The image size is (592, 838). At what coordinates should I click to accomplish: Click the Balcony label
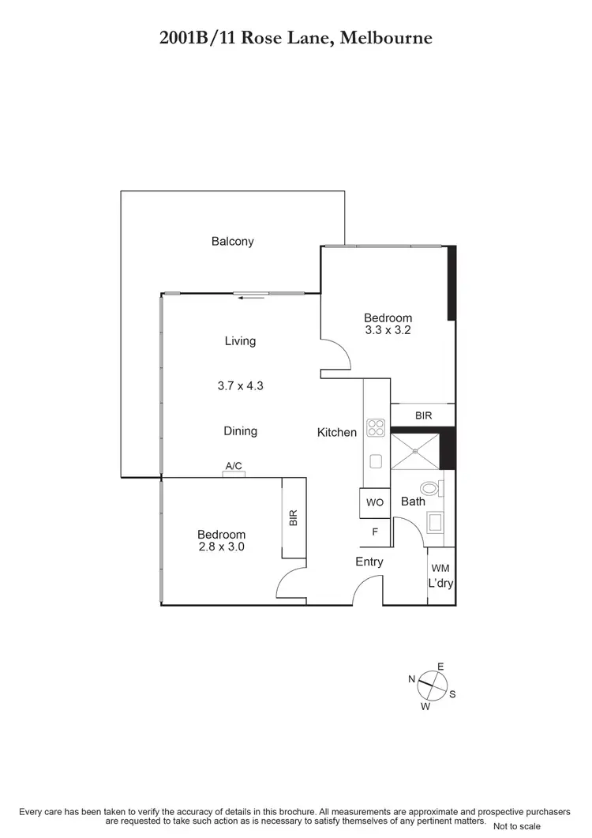(233, 242)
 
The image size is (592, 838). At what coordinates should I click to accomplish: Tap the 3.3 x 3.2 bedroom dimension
(388, 331)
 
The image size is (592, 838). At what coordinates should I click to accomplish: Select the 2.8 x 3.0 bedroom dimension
(221, 546)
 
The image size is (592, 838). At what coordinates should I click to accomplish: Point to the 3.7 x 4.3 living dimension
(240, 387)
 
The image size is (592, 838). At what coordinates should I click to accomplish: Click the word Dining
(240, 431)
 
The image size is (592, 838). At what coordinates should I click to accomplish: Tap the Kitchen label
(337, 432)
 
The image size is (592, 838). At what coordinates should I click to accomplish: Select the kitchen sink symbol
(376, 461)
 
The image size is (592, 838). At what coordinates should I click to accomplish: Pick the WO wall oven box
(376, 502)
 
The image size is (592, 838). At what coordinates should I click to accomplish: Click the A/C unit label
(234, 466)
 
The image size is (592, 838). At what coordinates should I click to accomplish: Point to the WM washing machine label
(440, 568)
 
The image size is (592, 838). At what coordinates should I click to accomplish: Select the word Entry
(369, 562)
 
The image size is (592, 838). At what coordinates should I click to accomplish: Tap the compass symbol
(431, 684)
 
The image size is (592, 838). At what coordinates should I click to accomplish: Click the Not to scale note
(517, 826)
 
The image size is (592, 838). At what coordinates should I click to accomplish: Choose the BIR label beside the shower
(423, 415)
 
